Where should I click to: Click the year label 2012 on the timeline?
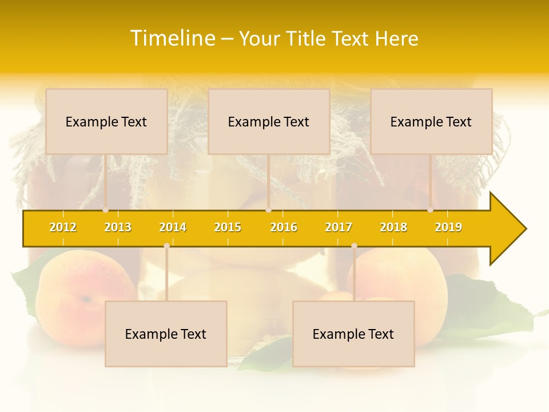[63, 227]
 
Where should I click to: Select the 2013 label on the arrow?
[118, 227]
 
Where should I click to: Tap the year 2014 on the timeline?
[173, 227]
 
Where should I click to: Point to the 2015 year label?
[228, 227]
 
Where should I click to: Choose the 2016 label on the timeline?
[284, 227]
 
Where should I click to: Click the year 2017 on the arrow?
[339, 227]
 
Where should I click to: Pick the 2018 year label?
[393, 227]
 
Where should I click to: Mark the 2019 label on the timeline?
[448, 227]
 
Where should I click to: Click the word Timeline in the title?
[173, 38]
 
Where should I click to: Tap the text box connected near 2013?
[106, 121]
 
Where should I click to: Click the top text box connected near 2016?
[269, 121]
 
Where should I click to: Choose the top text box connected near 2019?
[431, 121]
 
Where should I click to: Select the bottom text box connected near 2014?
[166, 334]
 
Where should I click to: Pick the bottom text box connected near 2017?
[353, 334]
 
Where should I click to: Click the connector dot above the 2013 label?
[106, 210]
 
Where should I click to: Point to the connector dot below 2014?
[166, 245]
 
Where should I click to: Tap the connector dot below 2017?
[354, 245]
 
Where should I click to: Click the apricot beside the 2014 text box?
[71, 292]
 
